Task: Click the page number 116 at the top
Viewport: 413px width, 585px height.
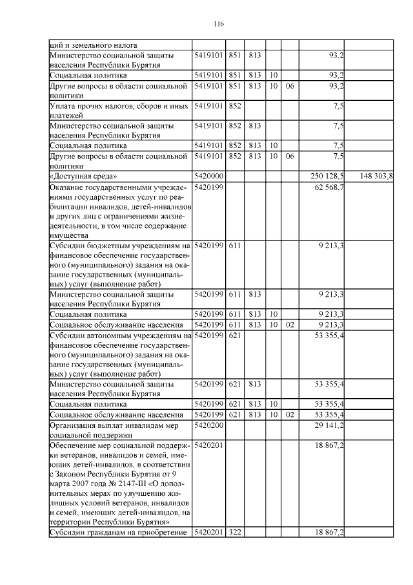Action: [218, 24]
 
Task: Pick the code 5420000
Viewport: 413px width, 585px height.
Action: [208, 176]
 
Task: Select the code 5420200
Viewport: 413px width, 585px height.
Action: [208, 425]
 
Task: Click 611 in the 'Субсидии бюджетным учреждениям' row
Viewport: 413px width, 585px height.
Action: [234, 246]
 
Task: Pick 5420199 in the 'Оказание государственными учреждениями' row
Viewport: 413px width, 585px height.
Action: [208, 187]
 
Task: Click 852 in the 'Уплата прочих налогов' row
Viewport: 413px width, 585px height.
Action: [234, 105]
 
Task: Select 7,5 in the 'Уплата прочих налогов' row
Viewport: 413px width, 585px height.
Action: [338, 105]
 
